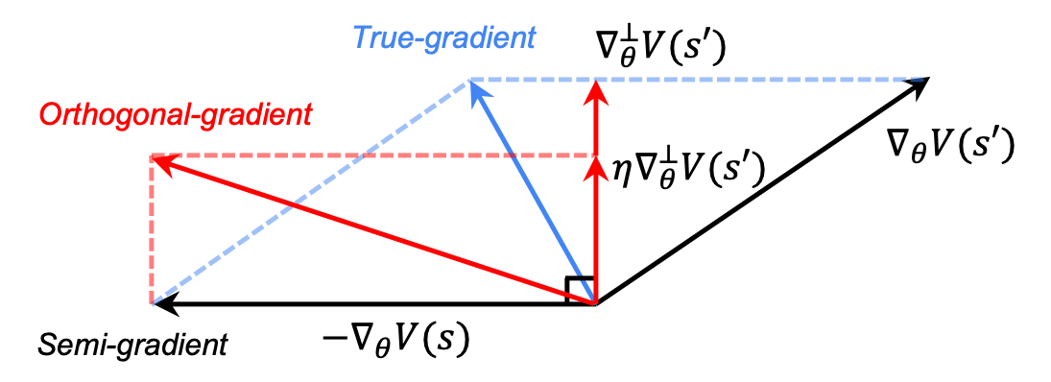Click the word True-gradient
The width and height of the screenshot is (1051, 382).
[443, 38]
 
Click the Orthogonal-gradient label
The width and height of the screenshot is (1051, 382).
[176, 115]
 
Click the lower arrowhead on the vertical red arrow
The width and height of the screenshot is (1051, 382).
[596, 167]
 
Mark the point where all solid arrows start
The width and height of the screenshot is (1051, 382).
[595, 302]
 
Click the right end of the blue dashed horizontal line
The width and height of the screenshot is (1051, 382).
[923, 79]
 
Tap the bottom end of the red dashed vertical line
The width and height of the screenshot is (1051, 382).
[152, 302]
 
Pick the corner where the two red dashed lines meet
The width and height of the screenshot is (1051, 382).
[152, 155]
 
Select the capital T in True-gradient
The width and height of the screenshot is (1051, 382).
[362, 38]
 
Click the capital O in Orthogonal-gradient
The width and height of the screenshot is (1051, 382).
[49, 116]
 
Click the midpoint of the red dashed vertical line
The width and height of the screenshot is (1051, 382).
[152, 229]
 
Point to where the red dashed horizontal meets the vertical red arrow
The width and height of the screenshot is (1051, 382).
[596, 155]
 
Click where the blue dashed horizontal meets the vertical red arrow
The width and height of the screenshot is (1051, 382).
[596, 79]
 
